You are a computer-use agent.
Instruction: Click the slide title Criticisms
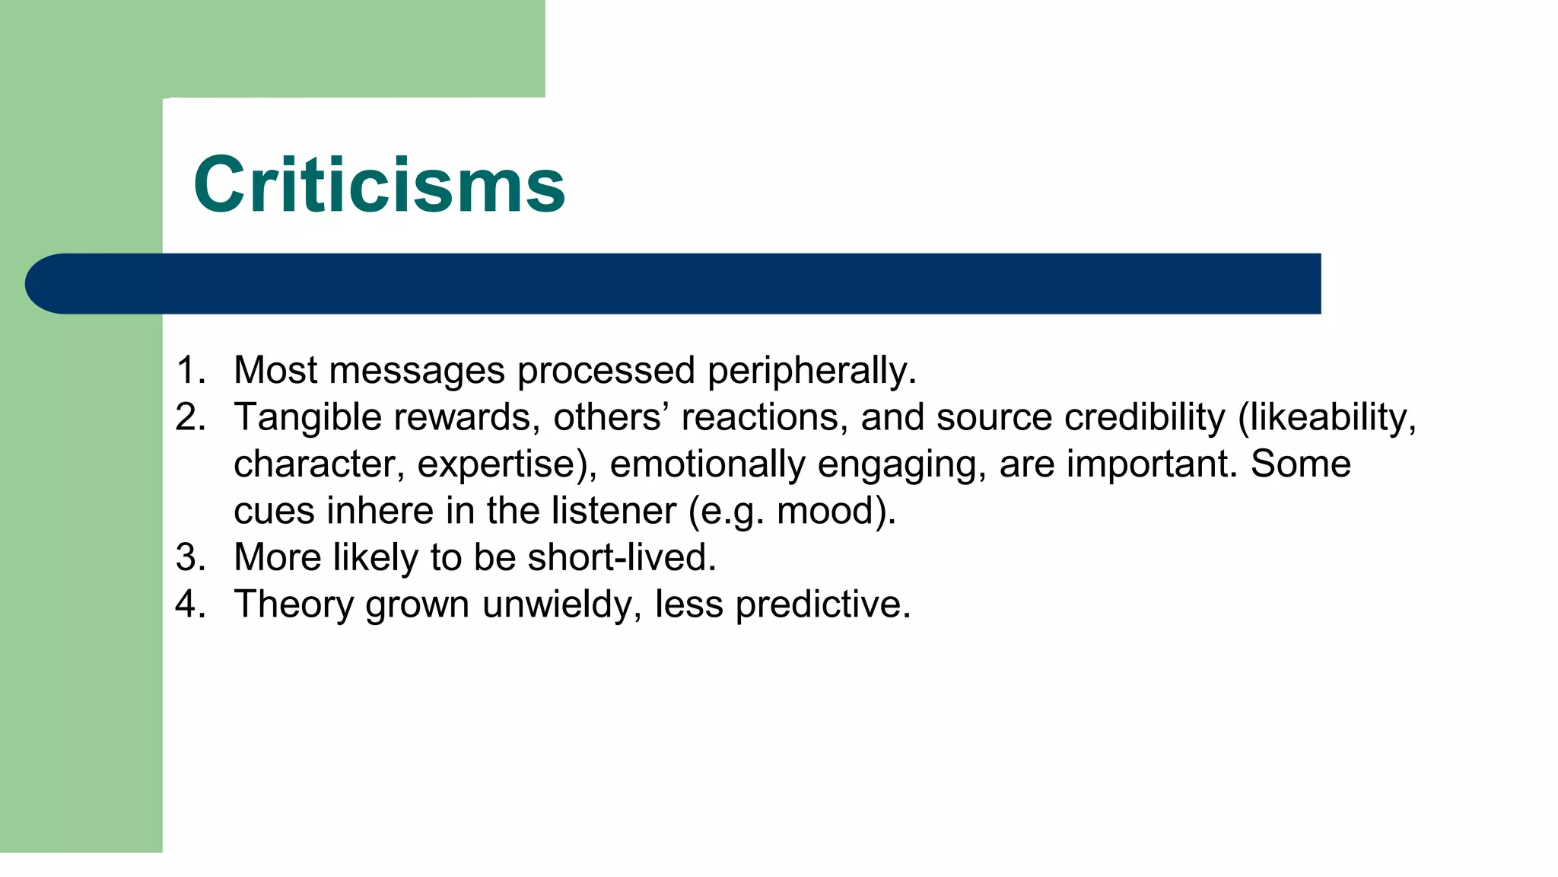[379, 185]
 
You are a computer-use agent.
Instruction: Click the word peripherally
[811, 371]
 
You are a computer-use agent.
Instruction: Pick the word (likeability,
[1327, 417]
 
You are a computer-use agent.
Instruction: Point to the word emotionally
[707, 464]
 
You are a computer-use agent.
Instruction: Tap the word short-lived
[622, 557]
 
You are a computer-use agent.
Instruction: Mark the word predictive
[822, 604]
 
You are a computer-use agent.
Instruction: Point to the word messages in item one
[417, 371]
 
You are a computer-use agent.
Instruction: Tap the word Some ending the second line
[1300, 464]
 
